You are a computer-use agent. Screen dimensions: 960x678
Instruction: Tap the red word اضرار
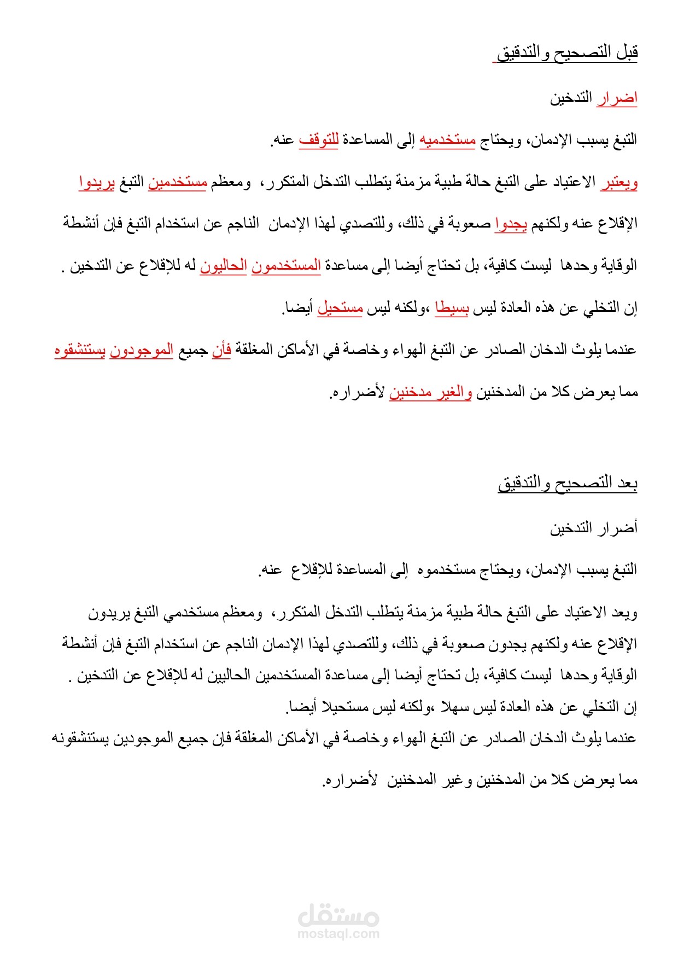(x=617, y=98)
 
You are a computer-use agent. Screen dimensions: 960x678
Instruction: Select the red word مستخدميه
(x=447, y=140)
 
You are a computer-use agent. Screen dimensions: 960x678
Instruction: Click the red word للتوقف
(x=319, y=140)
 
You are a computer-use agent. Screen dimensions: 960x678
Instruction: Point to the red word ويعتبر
(x=619, y=182)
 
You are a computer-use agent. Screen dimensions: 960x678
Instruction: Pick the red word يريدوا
(x=97, y=182)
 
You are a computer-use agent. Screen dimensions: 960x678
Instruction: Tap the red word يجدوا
(x=511, y=224)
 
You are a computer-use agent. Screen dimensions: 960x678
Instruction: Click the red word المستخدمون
(x=286, y=266)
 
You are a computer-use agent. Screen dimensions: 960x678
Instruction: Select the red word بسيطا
(x=452, y=308)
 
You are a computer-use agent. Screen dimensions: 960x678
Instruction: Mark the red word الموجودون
(x=141, y=350)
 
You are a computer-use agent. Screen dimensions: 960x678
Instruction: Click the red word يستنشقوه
(x=80, y=350)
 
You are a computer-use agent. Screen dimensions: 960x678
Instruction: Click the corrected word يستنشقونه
(x=80, y=738)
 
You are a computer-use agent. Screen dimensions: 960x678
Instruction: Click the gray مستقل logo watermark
(x=338, y=915)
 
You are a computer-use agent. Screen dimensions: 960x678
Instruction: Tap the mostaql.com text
(x=338, y=934)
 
